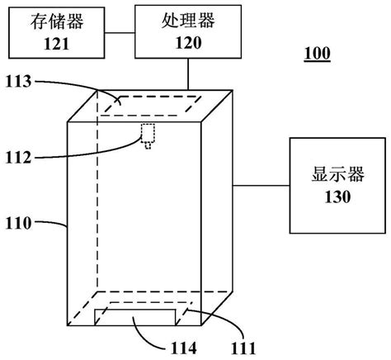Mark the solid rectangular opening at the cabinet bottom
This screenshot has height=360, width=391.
(135, 317)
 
